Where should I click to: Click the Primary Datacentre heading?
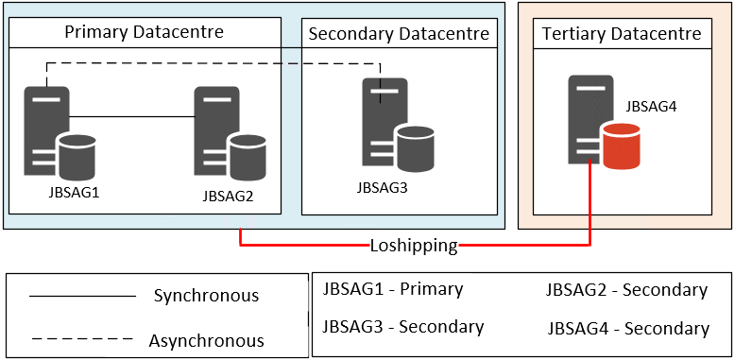[144, 32]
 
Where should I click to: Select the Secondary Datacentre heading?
[400, 35]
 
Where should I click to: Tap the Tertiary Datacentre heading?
[622, 35]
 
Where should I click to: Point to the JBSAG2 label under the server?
[228, 197]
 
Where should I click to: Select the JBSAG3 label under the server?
[383, 186]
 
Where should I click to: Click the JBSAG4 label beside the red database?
[651, 107]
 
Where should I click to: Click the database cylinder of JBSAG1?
[77, 156]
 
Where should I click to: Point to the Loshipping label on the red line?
[414, 246]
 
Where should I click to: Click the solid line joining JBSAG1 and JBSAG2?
[132, 116]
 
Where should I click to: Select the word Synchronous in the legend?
[206, 296]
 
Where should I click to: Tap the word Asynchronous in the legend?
[206, 340]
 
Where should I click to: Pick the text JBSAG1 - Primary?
[393, 289]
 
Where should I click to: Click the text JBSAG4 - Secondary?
[628, 329]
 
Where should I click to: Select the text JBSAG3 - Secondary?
[403, 327]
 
